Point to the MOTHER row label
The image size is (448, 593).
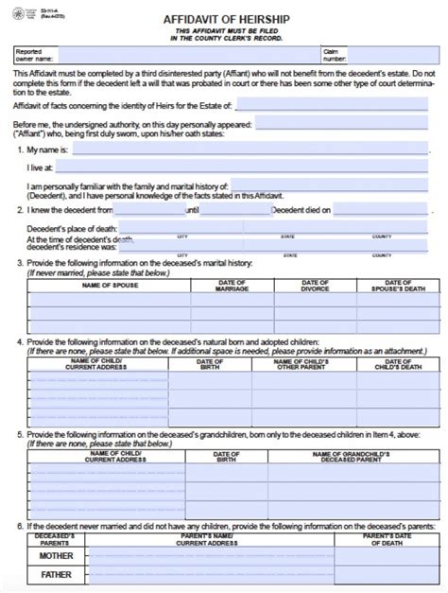coord(50,558)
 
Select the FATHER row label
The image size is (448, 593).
coord(50,575)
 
